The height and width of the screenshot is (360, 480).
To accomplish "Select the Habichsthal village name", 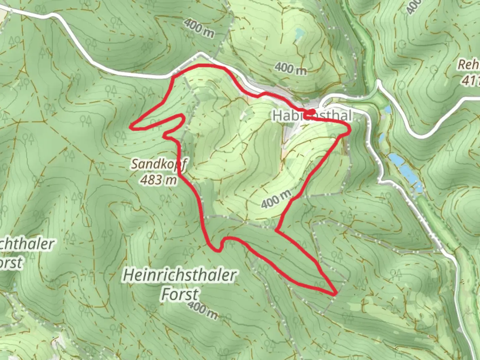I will [312, 116].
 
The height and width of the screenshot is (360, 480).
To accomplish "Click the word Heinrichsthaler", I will [180, 276].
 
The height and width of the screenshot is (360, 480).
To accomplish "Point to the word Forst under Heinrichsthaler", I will [180, 294].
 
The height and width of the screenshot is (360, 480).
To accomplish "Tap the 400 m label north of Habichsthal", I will [290, 68].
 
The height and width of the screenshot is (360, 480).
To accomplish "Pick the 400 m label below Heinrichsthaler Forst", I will [203, 310].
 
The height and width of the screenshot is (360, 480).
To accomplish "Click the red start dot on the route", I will [312, 112].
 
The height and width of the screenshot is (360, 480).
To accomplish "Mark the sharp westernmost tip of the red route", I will [131, 126].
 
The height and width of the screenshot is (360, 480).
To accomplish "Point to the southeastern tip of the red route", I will [334, 294].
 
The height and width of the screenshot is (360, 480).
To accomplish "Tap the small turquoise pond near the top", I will [299, 33].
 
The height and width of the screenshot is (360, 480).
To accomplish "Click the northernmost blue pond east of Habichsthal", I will [387, 110].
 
